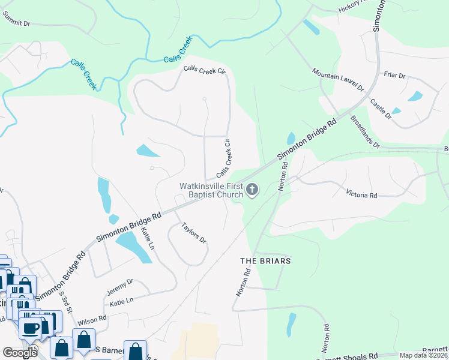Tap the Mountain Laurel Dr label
[338, 80]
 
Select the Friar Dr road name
[394, 76]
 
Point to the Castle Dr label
[381, 110]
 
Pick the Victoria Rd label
[361, 194]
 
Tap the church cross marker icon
[253, 191]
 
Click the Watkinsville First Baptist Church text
[211, 190]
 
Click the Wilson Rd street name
[92, 319]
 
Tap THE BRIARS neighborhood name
[265, 261]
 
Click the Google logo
[20, 353]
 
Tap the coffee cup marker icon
[30, 328]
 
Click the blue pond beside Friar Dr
[415, 96]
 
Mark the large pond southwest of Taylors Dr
[134, 247]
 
